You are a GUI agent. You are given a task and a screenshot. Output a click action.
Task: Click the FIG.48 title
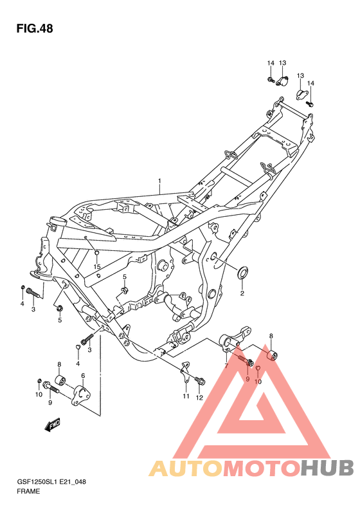[x=35, y=28]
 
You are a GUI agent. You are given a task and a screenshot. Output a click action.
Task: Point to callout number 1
[x=159, y=180]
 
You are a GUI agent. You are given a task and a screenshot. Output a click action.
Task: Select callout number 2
[x=242, y=293]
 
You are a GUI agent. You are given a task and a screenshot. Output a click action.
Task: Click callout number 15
[x=97, y=267]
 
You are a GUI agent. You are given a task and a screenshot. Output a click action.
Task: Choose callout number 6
[x=83, y=376]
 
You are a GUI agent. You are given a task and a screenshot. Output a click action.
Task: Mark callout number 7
[x=226, y=366]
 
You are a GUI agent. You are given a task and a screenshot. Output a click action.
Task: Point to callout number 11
[x=186, y=396]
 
